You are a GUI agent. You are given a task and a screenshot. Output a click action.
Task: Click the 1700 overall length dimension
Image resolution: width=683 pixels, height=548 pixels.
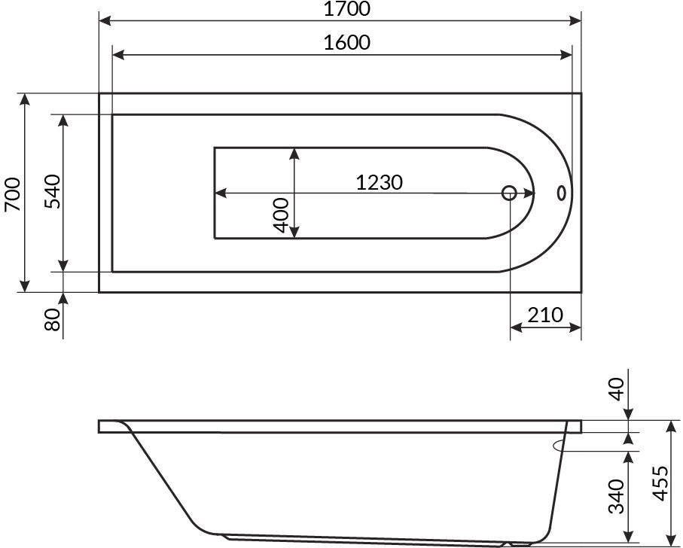pyautogui.click(x=346, y=9)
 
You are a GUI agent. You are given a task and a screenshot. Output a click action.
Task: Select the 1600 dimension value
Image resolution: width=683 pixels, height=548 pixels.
pyautogui.click(x=346, y=43)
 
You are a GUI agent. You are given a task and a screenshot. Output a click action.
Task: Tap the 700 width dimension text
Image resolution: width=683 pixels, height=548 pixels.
pyautogui.click(x=13, y=193)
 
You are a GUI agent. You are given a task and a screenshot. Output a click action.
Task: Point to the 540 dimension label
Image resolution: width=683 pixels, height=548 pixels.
pyautogui.click(x=53, y=191)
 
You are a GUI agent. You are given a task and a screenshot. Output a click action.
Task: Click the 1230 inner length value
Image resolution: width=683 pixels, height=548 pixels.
pyautogui.click(x=379, y=182)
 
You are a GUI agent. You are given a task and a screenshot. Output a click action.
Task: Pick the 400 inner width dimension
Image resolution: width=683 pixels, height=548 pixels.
pyautogui.click(x=282, y=215)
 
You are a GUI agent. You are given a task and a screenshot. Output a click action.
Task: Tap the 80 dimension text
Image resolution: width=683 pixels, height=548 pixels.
pyautogui.click(x=53, y=319)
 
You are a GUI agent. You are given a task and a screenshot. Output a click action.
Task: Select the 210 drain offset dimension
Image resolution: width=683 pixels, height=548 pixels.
pyautogui.click(x=545, y=315)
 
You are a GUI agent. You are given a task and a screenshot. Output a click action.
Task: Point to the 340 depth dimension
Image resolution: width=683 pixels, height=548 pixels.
pyautogui.click(x=616, y=496)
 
